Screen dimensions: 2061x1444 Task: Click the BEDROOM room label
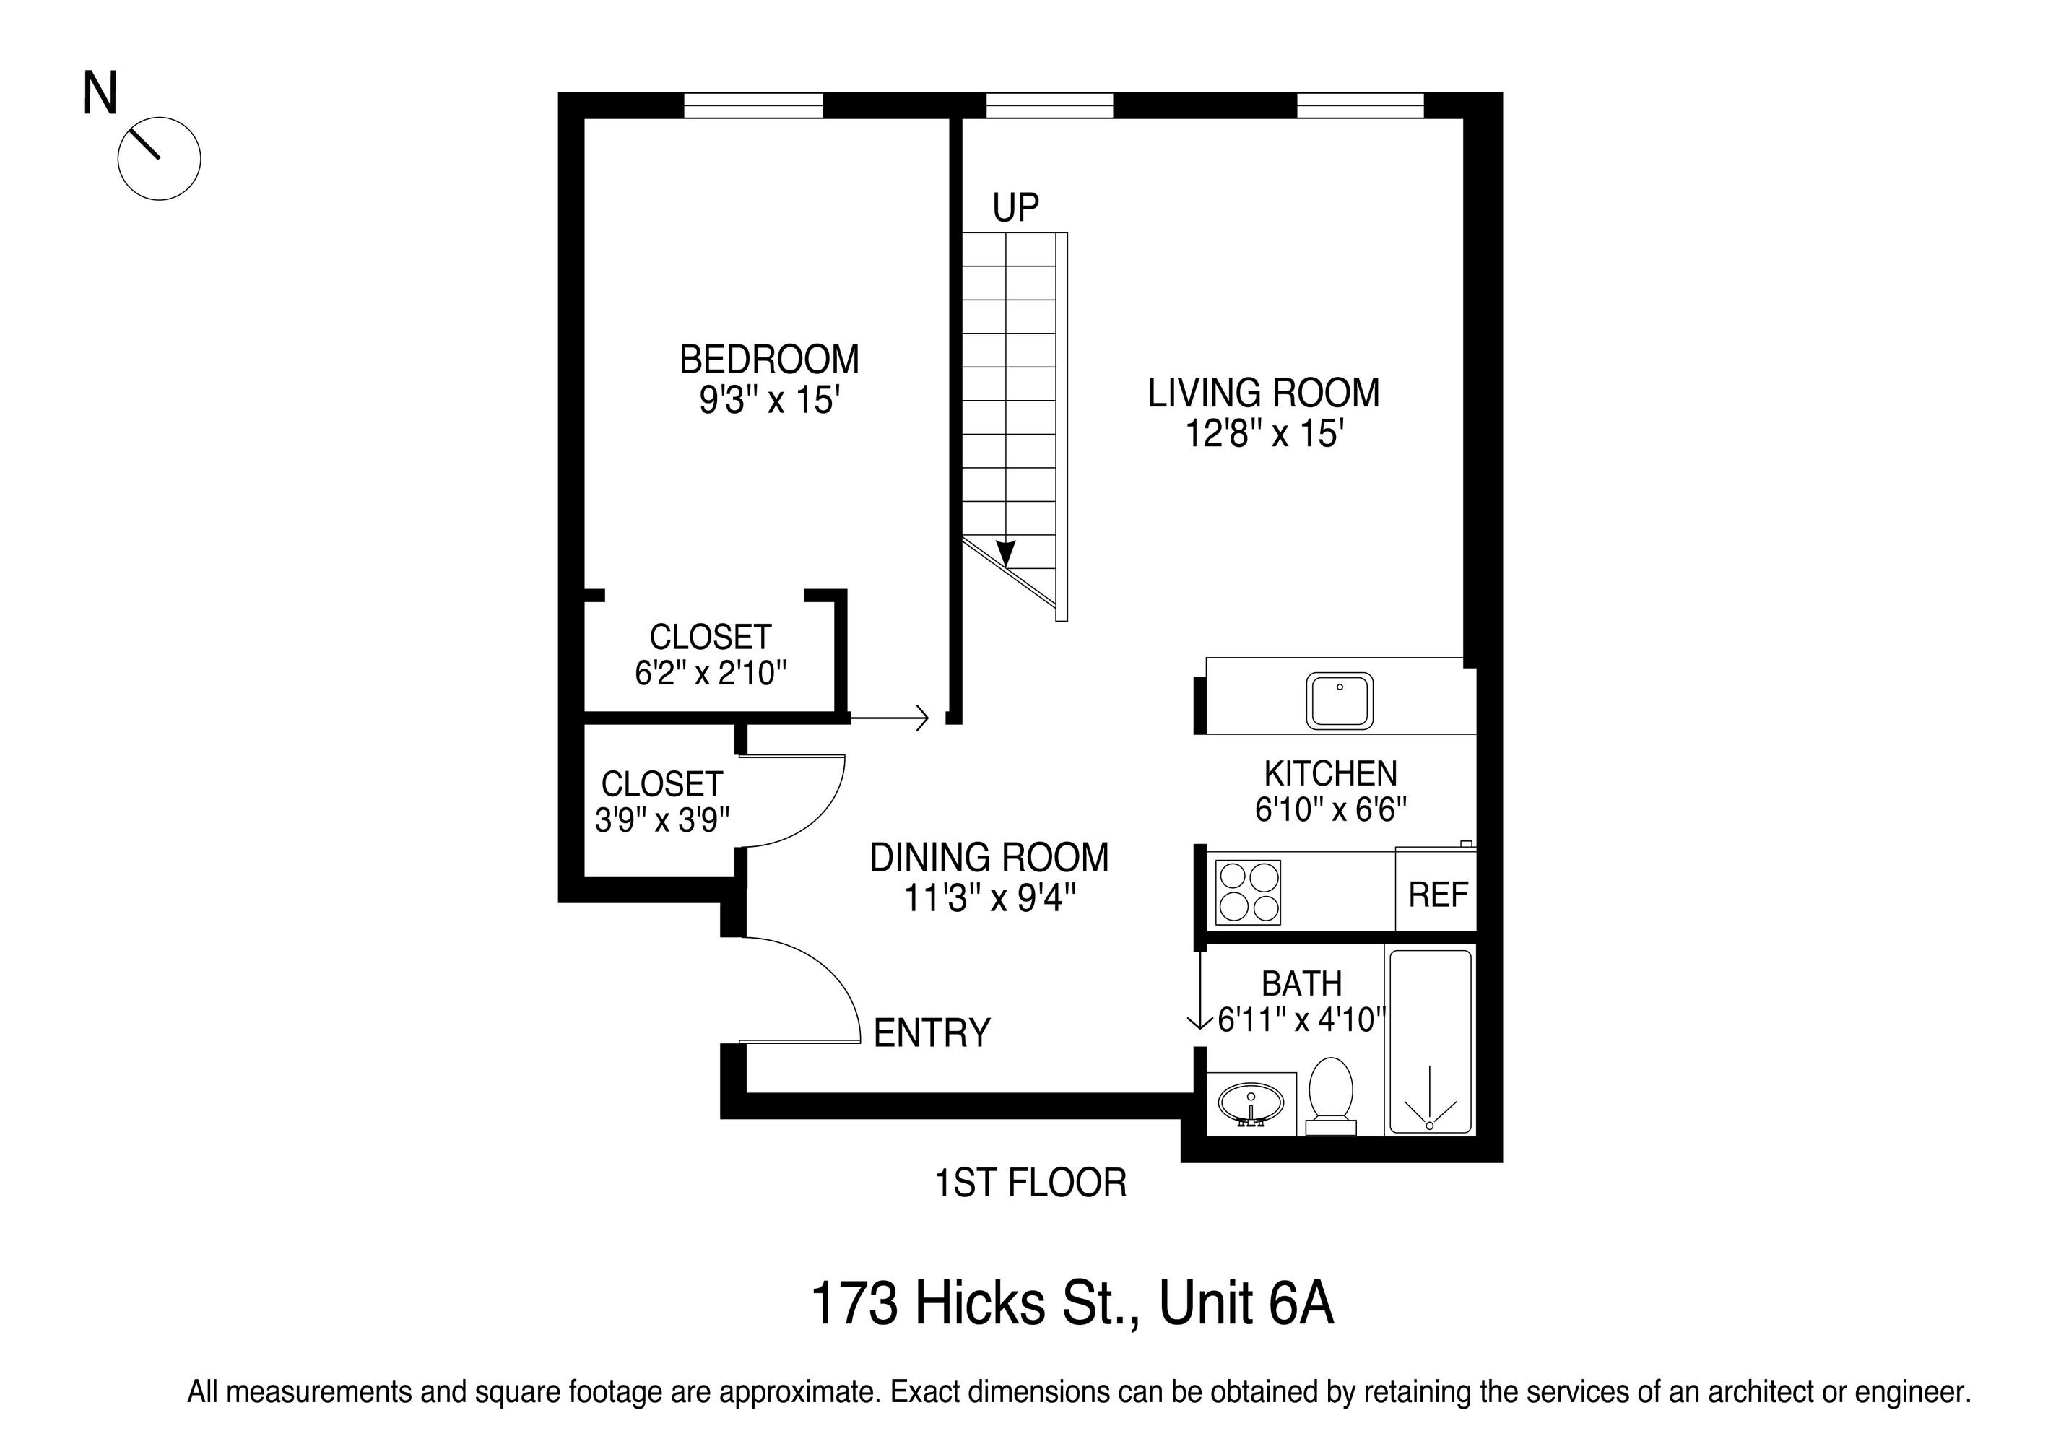(x=769, y=359)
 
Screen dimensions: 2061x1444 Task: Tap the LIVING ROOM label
(x=1264, y=393)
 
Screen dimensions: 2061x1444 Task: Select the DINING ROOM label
(x=989, y=857)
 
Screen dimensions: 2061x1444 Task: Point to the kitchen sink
(x=1340, y=701)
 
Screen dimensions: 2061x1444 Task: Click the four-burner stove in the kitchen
(x=1248, y=892)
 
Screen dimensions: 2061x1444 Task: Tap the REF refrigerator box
(x=1436, y=890)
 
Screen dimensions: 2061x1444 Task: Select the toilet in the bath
(x=1331, y=1096)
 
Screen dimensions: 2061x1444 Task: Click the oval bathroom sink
(x=1251, y=1103)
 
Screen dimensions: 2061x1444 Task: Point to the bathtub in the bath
(x=1430, y=1041)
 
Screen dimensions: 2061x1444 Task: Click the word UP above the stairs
(x=1015, y=207)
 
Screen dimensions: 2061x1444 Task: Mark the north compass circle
(x=159, y=159)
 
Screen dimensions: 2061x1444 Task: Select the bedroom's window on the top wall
(x=753, y=105)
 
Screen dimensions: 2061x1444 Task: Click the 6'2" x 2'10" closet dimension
(x=711, y=672)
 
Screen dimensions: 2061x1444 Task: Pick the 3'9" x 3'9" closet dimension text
(x=662, y=819)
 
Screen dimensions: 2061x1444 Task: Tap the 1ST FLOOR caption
(x=1030, y=1183)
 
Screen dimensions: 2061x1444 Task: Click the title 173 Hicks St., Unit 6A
(x=1072, y=1303)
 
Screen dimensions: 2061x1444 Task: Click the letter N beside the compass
(x=100, y=92)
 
